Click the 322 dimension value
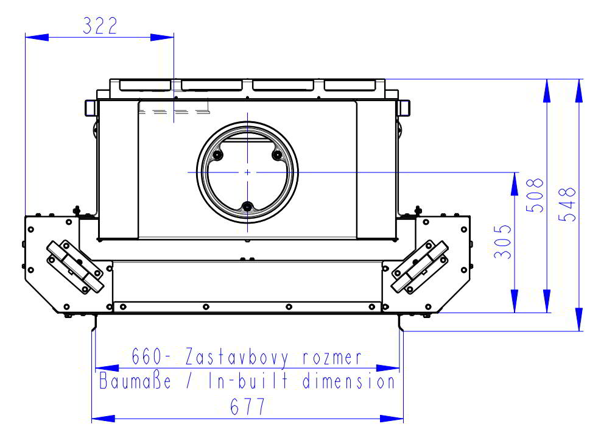[99, 26]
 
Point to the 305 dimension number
[503, 242]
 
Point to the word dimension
[350, 382]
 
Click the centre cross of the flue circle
[247, 173]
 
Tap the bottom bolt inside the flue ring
[247, 208]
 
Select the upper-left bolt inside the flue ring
[217, 156]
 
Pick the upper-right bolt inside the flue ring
[277, 156]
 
